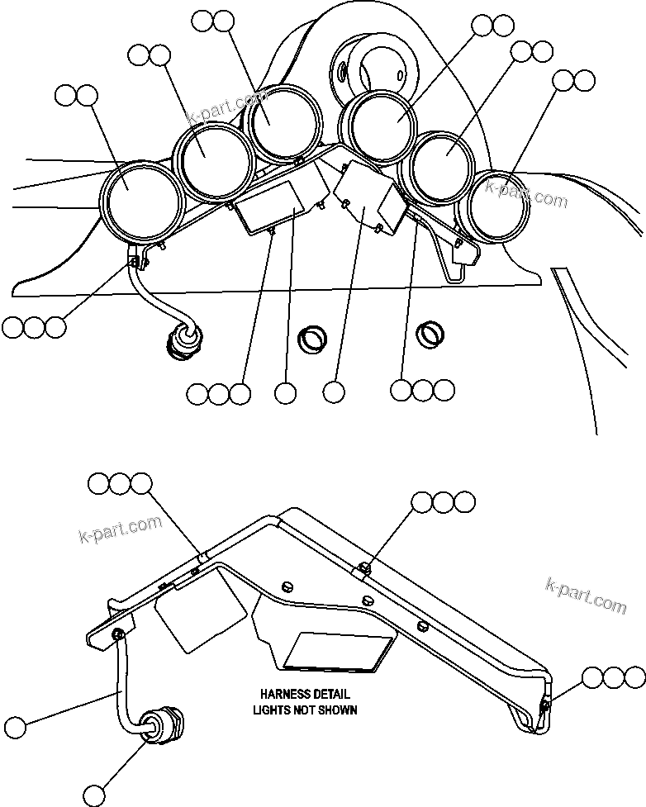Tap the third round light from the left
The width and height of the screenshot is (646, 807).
click(x=284, y=122)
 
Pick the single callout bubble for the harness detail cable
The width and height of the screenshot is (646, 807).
click(x=14, y=729)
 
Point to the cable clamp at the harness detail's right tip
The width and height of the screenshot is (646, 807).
click(x=544, y=705)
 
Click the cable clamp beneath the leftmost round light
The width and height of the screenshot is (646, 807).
click(x=137, y=263)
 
